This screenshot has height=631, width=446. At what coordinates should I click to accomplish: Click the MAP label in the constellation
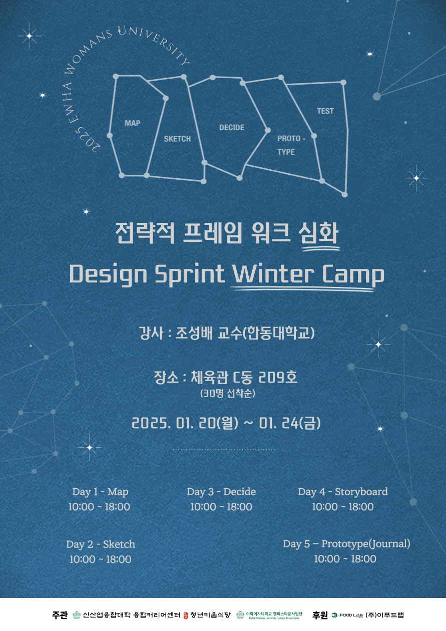132,123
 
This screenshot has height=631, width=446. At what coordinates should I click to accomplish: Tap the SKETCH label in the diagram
177,139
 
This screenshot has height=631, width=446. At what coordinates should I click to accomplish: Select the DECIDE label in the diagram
232,127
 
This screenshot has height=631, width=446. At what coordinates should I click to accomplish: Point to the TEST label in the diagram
325,111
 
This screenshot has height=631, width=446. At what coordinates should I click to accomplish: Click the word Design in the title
108,275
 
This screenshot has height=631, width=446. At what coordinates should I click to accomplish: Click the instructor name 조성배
194,333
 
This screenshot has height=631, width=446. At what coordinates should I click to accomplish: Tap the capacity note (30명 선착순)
228,393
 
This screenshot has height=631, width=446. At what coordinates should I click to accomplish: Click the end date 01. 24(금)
289,423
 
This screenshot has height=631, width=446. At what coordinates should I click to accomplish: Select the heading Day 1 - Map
100,492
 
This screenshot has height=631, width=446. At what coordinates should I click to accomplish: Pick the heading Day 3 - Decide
221,492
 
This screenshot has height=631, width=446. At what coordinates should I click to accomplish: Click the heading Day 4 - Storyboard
343,492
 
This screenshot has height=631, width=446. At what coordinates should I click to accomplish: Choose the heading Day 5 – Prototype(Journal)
346,544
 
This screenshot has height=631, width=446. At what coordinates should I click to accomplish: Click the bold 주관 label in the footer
60,615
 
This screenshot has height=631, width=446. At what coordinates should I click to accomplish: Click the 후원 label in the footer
320,615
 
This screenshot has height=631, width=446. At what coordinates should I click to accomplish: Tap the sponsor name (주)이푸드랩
384,615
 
